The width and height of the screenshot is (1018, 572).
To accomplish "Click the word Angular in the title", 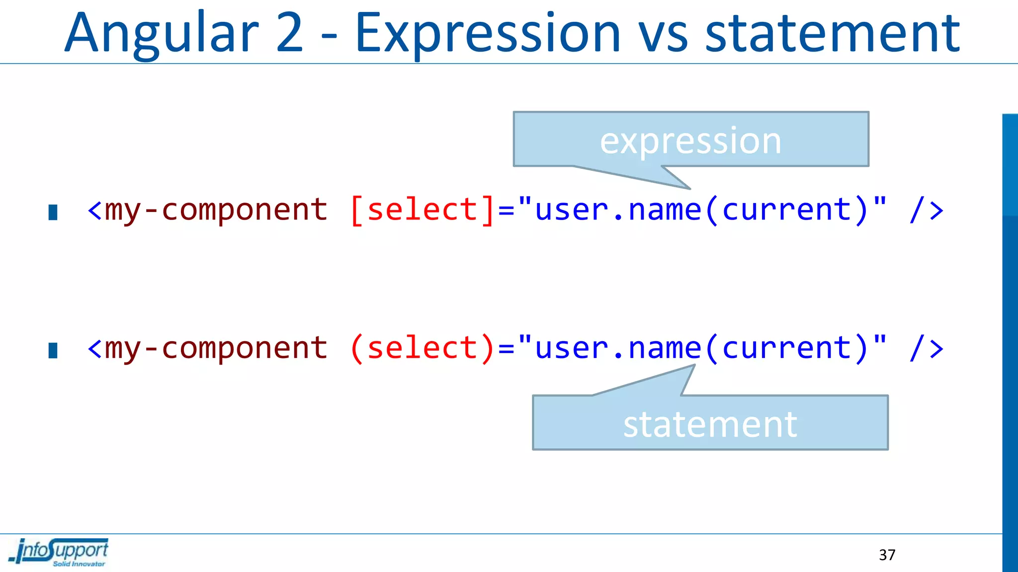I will coord(162,34).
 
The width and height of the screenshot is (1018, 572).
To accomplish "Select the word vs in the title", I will coord(663,34).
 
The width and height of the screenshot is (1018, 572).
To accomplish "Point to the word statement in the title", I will coord(833,34).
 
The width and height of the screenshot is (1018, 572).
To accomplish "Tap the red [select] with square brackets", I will coord(423,210).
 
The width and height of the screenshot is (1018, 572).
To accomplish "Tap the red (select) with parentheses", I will coord(423,348).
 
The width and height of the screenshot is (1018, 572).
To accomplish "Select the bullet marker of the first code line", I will coord(53,212).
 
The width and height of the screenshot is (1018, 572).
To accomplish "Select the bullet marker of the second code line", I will coord(53,350).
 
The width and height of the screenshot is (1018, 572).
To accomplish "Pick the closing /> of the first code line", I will coord(926,210).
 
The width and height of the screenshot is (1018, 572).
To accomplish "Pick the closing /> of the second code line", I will coord(926,348).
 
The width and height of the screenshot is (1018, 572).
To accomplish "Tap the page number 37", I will coord(887,555).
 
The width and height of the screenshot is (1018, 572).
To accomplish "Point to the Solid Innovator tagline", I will coord(79,564).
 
